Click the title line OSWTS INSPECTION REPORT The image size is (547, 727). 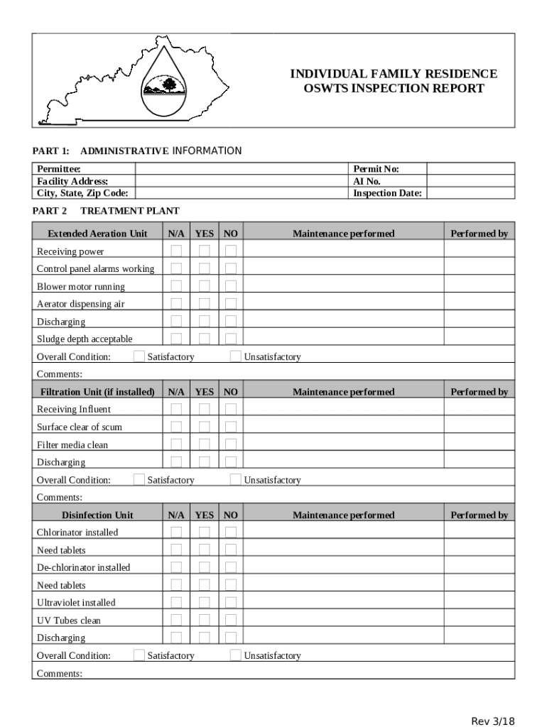pyautogui.click(x=394, y=89)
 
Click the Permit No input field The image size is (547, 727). pyautogui.click(x=470, y=169)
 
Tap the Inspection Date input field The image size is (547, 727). pyautogui.click(x=470, y=193)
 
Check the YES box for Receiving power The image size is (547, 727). pyautogui.click(x=205, y=251)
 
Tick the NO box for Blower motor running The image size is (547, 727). pyautogui.click(x=231, y=286)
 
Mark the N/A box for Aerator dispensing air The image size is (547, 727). pyautogui.click(x=176, y=304)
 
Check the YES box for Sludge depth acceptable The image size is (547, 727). pyautogui.click(x=205, y=339)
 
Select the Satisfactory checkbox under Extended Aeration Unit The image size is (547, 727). pyautogui.click(x=139, y=356)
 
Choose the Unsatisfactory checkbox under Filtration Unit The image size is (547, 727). pyautogui.click(x=235, y=479)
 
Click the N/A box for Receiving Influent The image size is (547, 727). pyautogui.click(x=176, y=409)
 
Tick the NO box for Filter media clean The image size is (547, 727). pyautogui.click(x=231, y=444)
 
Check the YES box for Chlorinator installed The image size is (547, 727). pyautogui.click(x=205, y=532)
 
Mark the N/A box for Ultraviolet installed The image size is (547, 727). pyautogui.click(x=176, y=602)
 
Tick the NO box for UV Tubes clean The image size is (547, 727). pyautogui.click(x=231, y=620)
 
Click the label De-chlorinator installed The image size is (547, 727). pyautogui.click(x=84, y=567)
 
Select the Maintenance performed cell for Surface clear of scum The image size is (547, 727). pyautogui.click(x=343, y=427)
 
